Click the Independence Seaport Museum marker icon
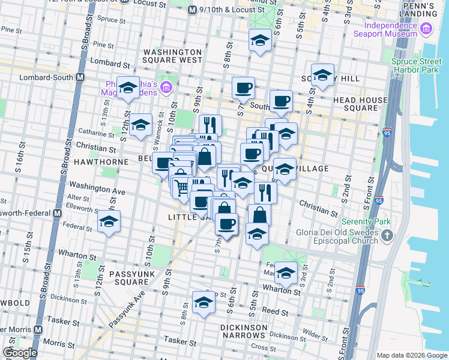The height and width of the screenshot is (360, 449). pos(426,28)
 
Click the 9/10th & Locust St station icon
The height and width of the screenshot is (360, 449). pos(193,10)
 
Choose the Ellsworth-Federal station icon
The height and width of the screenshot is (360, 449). pos(57,214)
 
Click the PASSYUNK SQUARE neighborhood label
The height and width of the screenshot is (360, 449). pos(133,278)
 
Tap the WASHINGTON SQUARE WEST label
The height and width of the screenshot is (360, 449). pos(172,56)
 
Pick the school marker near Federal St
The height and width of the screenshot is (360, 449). pos(109,221)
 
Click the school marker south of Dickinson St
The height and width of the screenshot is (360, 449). pos(203,303)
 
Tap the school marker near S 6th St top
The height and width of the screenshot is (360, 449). pos(259,40)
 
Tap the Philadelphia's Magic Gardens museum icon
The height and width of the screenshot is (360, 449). pos(167,89)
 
